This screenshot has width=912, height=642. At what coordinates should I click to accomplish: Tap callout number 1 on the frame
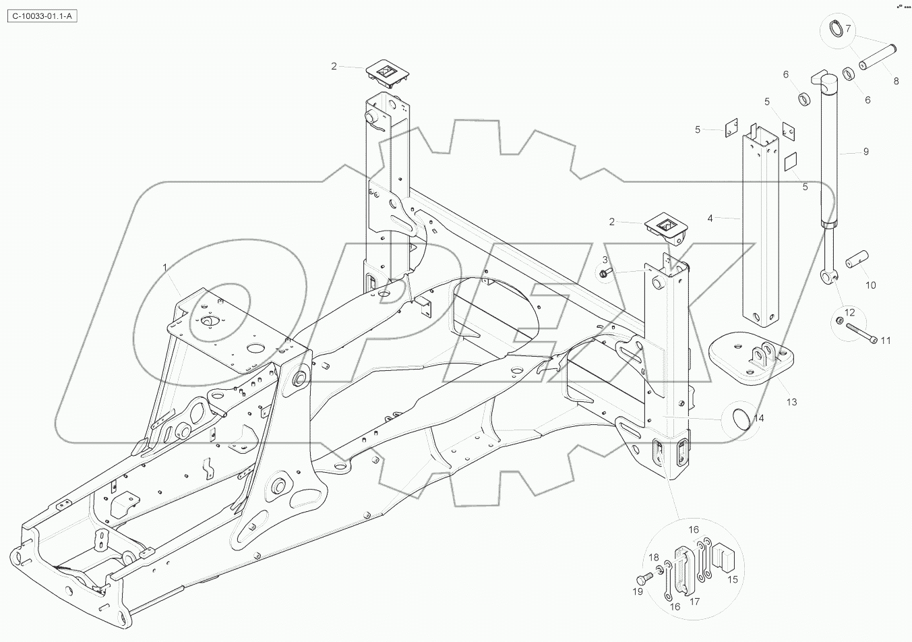(164, 268)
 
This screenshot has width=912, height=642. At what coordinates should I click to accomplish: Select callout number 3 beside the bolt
(605, 260)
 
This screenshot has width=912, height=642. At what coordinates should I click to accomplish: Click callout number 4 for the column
(710, 218)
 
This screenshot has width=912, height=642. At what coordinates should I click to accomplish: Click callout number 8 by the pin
(896, 81)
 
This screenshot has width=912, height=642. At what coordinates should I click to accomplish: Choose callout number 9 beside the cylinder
(866, 152)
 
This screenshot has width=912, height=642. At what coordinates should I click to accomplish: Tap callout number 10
(870, 285)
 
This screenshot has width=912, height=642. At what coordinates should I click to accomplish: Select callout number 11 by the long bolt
(886, 340)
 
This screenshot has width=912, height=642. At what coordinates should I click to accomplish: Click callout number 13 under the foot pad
(791, 402)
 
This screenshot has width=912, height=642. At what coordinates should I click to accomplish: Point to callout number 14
(758, 418)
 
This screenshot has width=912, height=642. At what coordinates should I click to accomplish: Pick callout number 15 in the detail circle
(733, 579)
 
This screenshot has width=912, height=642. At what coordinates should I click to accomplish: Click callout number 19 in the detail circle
(637, 591)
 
